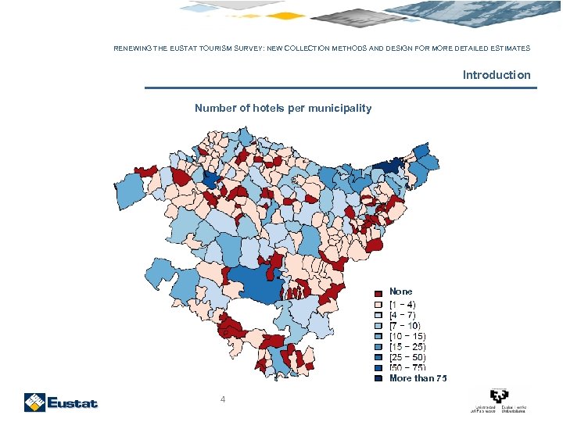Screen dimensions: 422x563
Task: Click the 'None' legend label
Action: click(401, 291)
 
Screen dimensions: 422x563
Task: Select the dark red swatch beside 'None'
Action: click(378, 293)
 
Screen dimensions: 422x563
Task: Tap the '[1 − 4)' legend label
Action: click(403, 304)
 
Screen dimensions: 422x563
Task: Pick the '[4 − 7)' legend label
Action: click(403, 315)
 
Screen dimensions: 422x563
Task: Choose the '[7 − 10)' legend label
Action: click(404, 325)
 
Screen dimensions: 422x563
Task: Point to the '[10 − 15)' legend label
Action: click(407, 336)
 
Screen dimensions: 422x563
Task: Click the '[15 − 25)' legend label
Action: click(407, 346)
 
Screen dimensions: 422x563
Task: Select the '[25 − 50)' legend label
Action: click(407, 357)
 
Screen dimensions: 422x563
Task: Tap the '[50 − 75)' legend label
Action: click(407, 367)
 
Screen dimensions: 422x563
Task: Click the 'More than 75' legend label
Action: click(418, 378)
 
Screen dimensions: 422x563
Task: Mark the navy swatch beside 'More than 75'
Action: click(378, 378)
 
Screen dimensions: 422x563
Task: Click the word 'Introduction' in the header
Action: click(496, 75)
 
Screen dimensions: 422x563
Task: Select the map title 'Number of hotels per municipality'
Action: click(283, 108)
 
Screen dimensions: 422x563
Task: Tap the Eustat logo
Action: click(61, 402)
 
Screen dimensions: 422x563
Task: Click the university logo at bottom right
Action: click(498, 400)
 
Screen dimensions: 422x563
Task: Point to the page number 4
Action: click(223, 400)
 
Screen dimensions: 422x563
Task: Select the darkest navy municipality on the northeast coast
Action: click(389, 166)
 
